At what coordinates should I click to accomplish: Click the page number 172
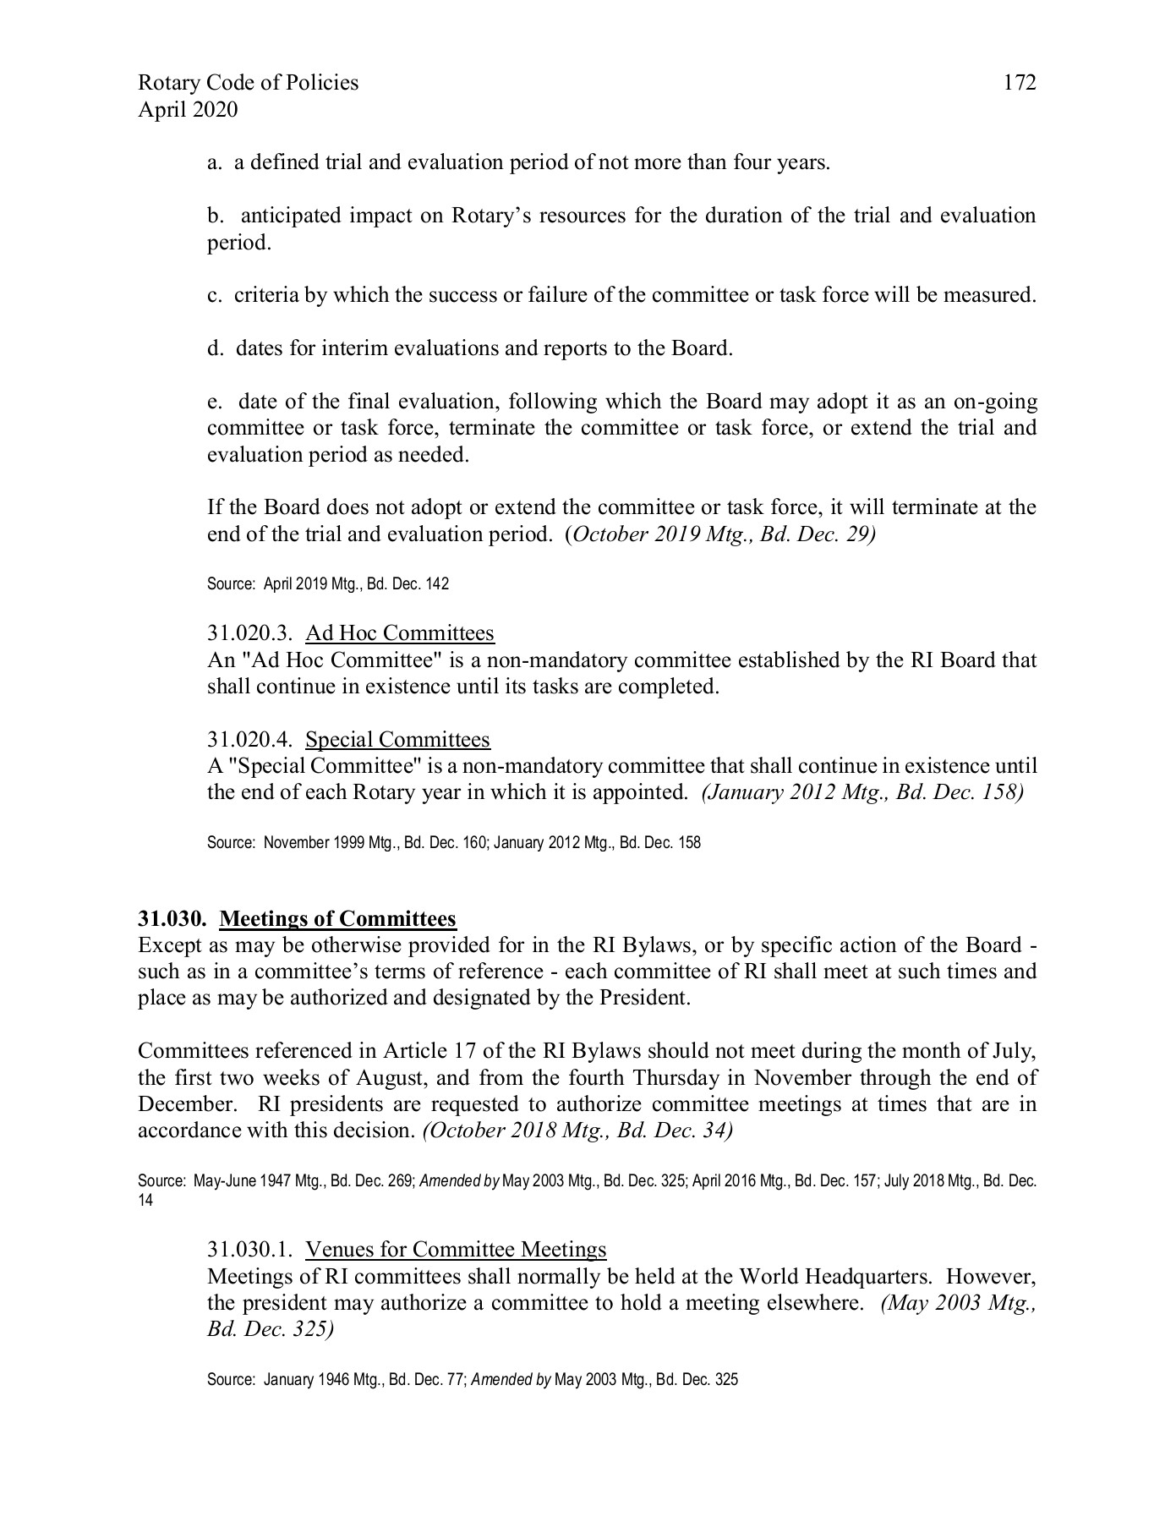pyautogui.click(x=1020, y=83)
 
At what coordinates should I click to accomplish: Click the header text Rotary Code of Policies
pyautogui.click(x=248, y=83)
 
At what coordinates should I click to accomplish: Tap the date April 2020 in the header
pyautogui.click(x=188, y=110)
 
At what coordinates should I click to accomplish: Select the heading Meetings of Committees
pyautogui.click(x=337, y=918)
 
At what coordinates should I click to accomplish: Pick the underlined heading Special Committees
pyautogui.click(x=397, y=740)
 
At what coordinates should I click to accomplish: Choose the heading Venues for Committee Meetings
pyautogui.click(x=456, y=1249)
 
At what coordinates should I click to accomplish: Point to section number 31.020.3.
pyautogui.click(x=249, y=633)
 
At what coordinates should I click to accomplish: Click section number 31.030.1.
pyautogui.click(x=249, y=1249)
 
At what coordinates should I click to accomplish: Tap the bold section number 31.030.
pyautogui.click(x=172, y=918)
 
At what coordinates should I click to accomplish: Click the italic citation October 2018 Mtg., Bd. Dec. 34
pyautogui.click(x=577, y=1131)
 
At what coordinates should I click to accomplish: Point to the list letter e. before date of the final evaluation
pyautogui.click(x=214, y=402)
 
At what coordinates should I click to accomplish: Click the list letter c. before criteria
pyautogui.click(x=214, y=296)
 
